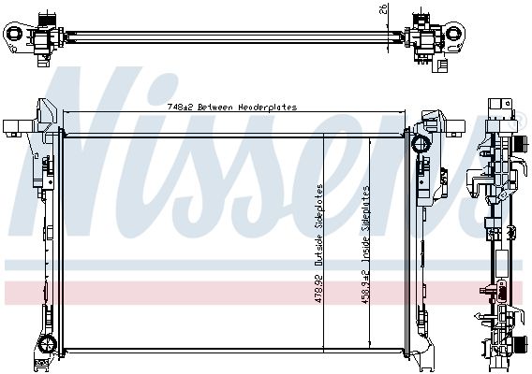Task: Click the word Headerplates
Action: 267,108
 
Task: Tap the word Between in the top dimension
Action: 215,108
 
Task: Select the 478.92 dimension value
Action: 319,288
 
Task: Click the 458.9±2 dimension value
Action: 365,287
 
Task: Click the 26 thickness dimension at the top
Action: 383,9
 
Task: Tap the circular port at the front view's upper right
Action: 421,144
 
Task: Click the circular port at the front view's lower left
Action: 47,344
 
